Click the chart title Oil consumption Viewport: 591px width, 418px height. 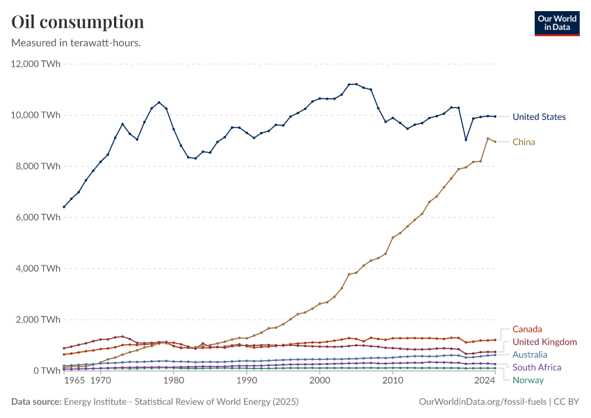[78, 22]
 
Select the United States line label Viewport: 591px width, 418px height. [539, 117]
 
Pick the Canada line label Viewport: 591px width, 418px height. [527, 329]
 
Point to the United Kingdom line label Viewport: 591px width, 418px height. [544, 342]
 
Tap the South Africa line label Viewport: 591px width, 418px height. [537, 367]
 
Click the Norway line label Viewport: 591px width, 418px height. [528, 380]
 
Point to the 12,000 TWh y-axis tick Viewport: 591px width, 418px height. [34, 64]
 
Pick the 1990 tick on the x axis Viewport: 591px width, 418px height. [246, 382]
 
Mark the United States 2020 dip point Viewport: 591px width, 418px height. [466, 139]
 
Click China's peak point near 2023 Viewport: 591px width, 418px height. [487, 139]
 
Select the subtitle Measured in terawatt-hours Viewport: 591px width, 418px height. [76, 42]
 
